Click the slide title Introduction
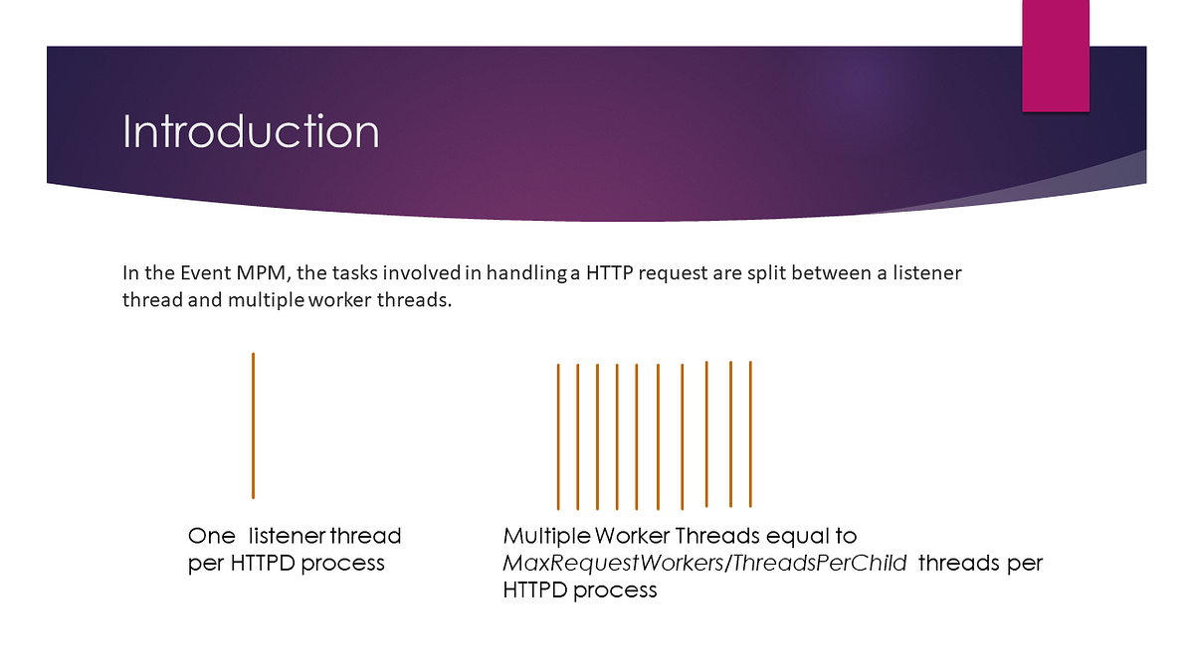coord(251,131)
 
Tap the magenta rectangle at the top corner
coord(1056,56)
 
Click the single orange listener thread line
coord(253,425)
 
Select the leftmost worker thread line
coord(558,436)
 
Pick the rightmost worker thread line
coord(750,434)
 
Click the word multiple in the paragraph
coord(266,300)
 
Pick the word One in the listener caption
coord(211,536)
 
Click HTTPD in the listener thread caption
coord(263,564)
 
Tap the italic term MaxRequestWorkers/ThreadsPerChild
coord(704,564)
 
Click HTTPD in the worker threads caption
coord(535,590)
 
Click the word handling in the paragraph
coord(526,273)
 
